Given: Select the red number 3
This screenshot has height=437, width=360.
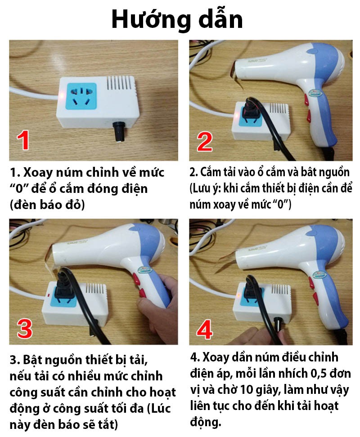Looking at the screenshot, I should tap(24, 328).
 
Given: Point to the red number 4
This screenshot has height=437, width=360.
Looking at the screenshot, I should tap(205, 330).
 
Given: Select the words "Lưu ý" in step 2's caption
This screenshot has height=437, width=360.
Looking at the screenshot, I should tap(209, 188).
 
